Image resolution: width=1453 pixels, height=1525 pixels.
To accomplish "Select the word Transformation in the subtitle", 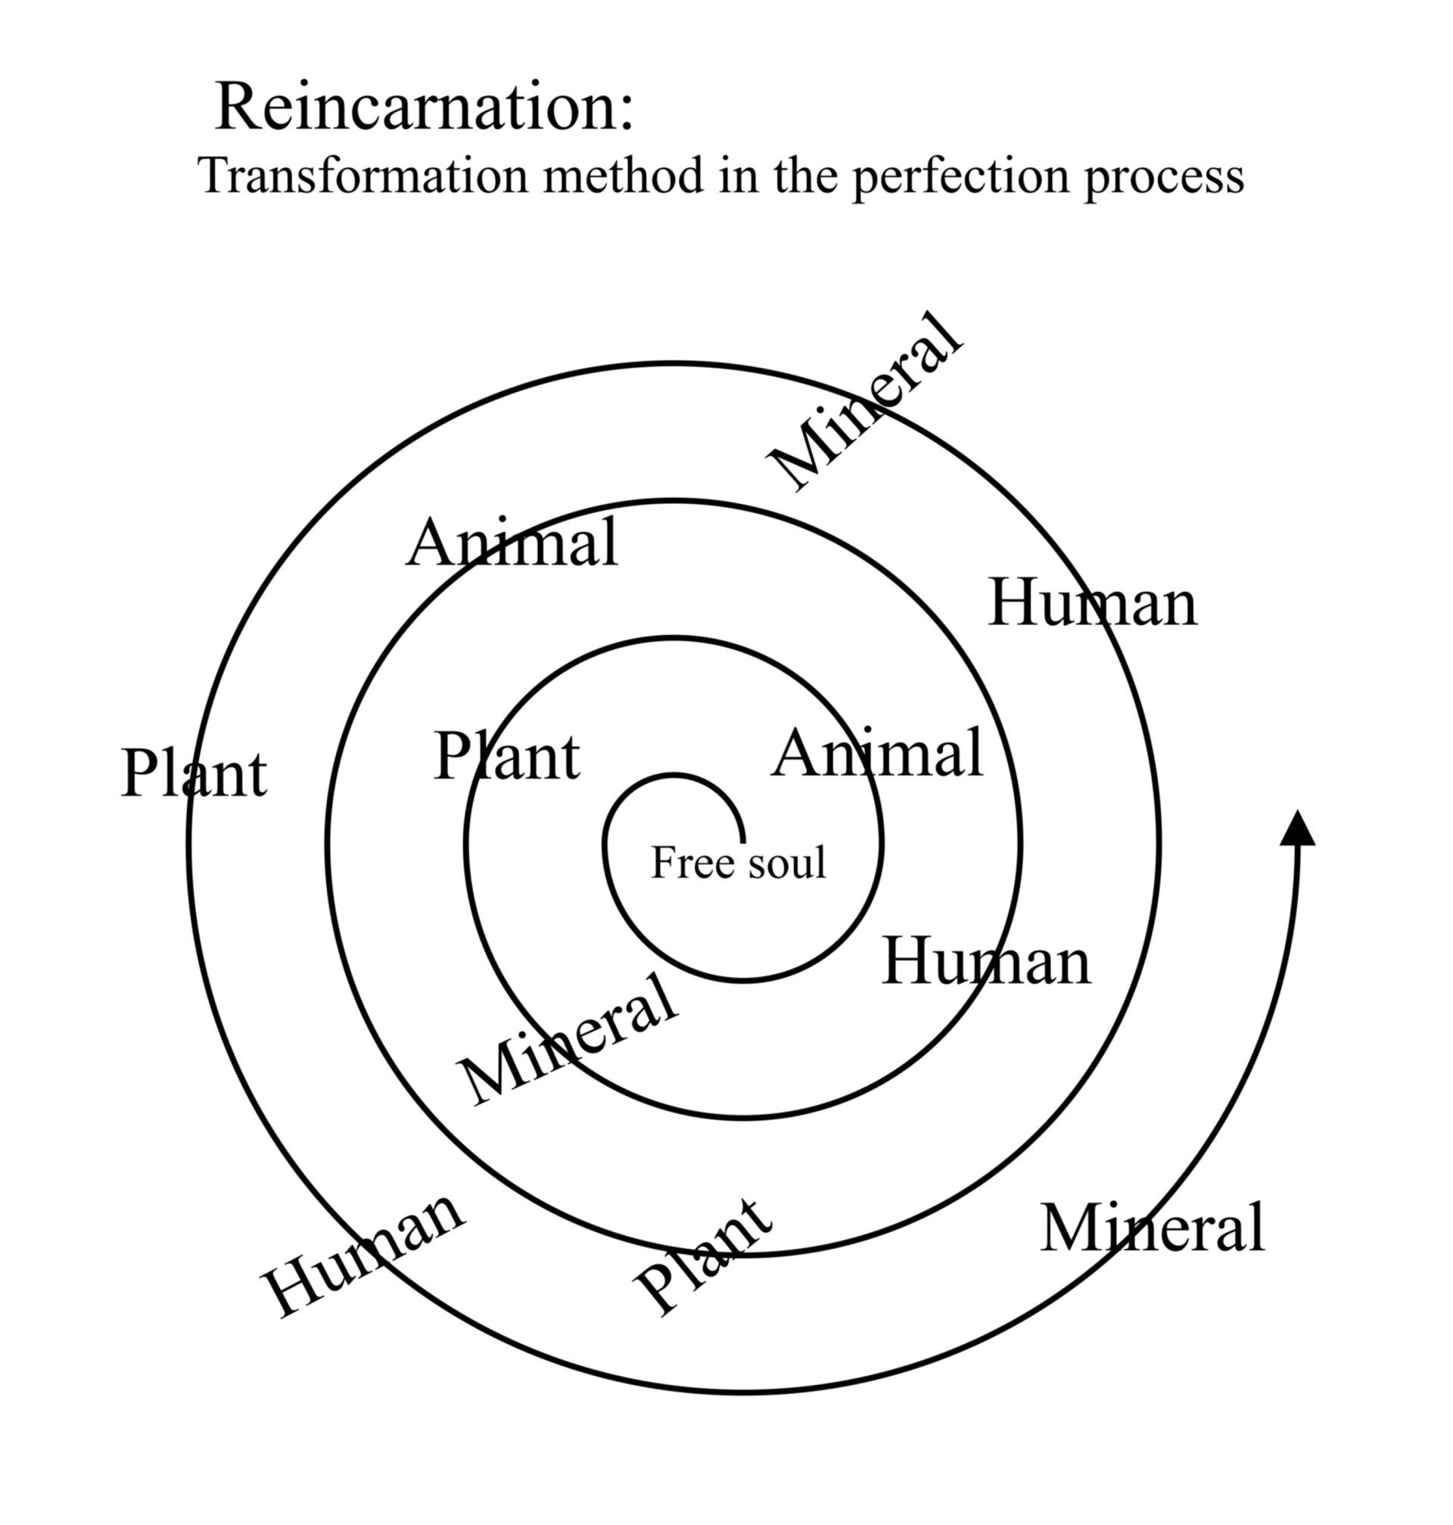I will tap(362, 175).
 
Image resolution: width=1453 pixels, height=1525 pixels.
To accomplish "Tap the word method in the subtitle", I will tap(623, 175).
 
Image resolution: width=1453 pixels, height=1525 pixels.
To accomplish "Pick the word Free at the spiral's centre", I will tap(681, 863).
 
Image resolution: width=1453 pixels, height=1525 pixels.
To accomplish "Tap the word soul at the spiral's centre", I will tap(784, 863).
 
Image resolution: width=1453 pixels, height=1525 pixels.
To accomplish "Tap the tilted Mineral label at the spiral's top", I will tap(865, 400).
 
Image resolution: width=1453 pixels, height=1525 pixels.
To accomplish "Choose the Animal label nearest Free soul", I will tap(877, 754).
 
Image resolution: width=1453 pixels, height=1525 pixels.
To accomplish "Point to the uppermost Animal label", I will tap(512, 543).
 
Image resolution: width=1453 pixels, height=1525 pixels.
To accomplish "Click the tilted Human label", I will tap(364, 1256).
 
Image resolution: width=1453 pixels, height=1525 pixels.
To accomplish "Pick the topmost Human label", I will tap(1093, 603).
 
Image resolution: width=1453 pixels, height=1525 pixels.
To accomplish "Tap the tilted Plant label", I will tap(702, 1256).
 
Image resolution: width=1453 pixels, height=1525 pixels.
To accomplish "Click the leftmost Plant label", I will tap(194, 773).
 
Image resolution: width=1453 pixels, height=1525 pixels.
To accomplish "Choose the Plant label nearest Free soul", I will tap(506, 756).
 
